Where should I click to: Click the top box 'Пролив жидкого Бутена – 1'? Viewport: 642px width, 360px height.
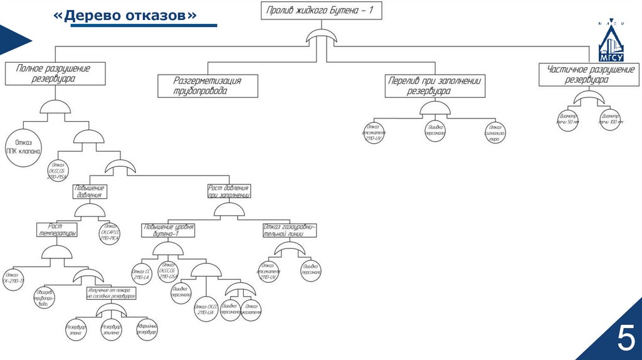[321, 11]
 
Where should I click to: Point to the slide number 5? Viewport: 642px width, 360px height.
[624, 339]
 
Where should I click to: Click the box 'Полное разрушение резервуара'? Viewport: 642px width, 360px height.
[53, 73]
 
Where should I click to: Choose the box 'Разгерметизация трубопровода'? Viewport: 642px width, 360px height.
[208, 86]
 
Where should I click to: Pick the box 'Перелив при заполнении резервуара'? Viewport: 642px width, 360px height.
[435, 86]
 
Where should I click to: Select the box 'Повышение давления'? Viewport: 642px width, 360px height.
[90, 191]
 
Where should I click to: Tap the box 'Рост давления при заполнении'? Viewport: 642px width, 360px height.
[229, 191]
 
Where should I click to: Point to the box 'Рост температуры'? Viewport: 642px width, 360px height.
[56, 229]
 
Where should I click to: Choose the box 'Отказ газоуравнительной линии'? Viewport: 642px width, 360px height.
[290, 230]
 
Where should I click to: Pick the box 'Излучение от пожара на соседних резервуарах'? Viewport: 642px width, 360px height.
[110, 292]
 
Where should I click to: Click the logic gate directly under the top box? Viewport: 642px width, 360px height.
[321, 38]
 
